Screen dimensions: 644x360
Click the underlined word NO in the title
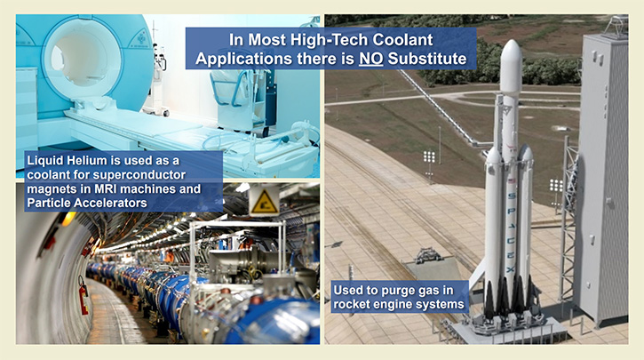click(x=371, y=59)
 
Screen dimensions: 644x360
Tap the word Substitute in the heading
click(x=427, y=59)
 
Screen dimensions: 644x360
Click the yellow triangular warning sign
click(x=264, y=202)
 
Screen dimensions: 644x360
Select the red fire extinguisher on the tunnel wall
click(x=83, y=296)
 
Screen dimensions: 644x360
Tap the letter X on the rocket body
click(x=511, y=269)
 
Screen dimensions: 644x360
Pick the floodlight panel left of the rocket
click(x=429, y=156)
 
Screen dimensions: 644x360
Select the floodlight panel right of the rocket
click(x=556, y=186)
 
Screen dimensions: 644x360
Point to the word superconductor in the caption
click(x=139, y=175)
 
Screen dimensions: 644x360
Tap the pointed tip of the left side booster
click(x=493, y=148)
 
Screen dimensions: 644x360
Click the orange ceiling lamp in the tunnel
click(x=68, y=219)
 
